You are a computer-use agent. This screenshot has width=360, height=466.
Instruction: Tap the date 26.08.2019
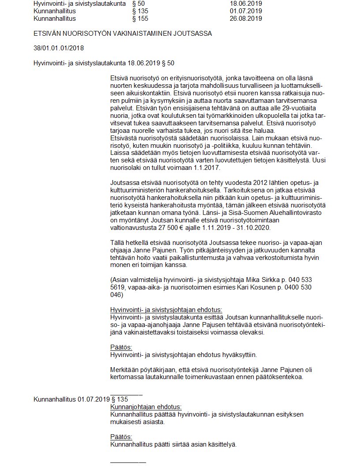click(246, 19)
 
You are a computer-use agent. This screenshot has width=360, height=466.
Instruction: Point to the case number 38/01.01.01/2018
click(59, 48)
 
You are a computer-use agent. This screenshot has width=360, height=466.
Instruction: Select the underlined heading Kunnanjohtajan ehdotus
click(146, 407)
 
